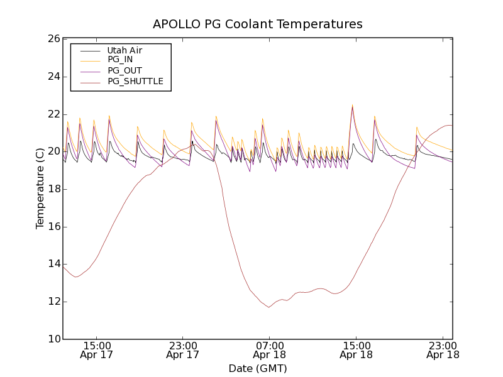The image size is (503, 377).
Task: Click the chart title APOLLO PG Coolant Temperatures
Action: [x=258, y=25]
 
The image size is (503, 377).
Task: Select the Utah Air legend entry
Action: [x=124, y=50]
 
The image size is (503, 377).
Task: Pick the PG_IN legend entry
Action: [x=120, y=59]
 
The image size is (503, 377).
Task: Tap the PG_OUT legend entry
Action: [x=124, y=70]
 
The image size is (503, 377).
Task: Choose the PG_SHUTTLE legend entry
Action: [x=135, y=81]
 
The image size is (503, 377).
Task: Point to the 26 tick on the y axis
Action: [x=53, y=39]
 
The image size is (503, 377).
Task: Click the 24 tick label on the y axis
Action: [x=53, y=77]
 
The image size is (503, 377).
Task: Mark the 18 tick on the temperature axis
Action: [x=53, y=189]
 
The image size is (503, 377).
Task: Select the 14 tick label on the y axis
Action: [x=53, y=264]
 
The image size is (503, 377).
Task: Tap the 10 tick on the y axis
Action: [x=53, y=339]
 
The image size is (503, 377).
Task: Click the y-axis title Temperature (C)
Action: [x=40, y=188]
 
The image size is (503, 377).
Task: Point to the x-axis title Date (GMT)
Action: [x=258, y=368]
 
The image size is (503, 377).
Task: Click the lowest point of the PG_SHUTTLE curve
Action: [x=268, y=307]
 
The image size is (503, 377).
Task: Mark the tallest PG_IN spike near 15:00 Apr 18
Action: [x=352, y=104]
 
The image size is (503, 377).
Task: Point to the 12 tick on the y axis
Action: [x=53, y=302]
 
